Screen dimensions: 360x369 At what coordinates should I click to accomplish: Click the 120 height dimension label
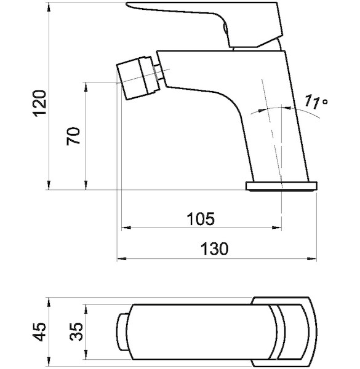pyautogui.click(x=39, y=103)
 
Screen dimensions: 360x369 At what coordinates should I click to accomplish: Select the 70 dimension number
pyautogui.click(x=73, y=137)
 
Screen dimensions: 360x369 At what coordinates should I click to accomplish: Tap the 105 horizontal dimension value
pyautogui.click(x=201, y=218)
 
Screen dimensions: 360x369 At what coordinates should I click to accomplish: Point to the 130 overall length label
pyautogui.click(x=214, y=248)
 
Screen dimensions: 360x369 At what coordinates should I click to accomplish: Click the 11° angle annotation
pyautogui.click(x=316, y=102)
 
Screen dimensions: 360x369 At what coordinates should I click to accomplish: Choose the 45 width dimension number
pyautogui.click(x=39, y=331)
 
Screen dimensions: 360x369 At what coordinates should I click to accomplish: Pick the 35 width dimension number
pyautogui.click(x=77, y=331)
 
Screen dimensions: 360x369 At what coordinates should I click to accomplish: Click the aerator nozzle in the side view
pyautogui.click(x=138, y=77)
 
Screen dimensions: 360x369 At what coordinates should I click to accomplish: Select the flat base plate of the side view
pyautogui.click(x=281, y=186)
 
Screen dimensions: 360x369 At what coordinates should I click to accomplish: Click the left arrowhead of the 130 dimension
pyautogui.click(x=121, y=259)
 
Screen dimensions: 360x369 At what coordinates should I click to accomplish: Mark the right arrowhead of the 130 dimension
pyautogui.click(x=312, y=259)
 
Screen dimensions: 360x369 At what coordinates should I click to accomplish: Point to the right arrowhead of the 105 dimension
pyautogui.click(x=277, y=228)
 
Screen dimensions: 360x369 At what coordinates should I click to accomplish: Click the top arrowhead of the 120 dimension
pyautogui.click(x=49, y=7)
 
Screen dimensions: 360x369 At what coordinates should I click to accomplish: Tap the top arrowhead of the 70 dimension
pyautogui.click(x=86, y=87)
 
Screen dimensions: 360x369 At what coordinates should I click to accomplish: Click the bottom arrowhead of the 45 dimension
pyautogui.click(x=49, y=361)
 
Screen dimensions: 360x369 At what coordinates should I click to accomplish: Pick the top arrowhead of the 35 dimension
pyautogui.click(x=86, y=309)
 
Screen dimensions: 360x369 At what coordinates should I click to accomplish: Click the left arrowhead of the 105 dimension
pyautogui.click(x=126, y=228)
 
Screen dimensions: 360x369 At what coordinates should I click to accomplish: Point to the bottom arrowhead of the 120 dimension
pyautogui.click(x=49, y=185)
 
